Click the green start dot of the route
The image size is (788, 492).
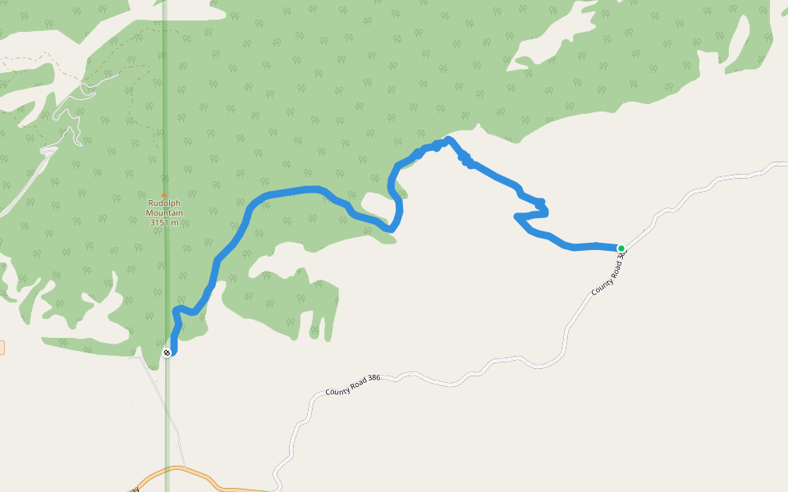pos(621,248)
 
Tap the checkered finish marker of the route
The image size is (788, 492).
pos(167,353)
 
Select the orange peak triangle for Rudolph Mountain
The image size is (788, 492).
pos(163,194)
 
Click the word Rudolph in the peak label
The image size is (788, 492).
pos(165,203)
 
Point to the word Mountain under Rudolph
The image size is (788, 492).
pos(165,213)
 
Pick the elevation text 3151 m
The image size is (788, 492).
pos(165,222)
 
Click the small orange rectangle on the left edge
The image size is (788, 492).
pos(2,348)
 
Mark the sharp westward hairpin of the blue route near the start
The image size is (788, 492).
pos(516,216)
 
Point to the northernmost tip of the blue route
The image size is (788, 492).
pos(447,139)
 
